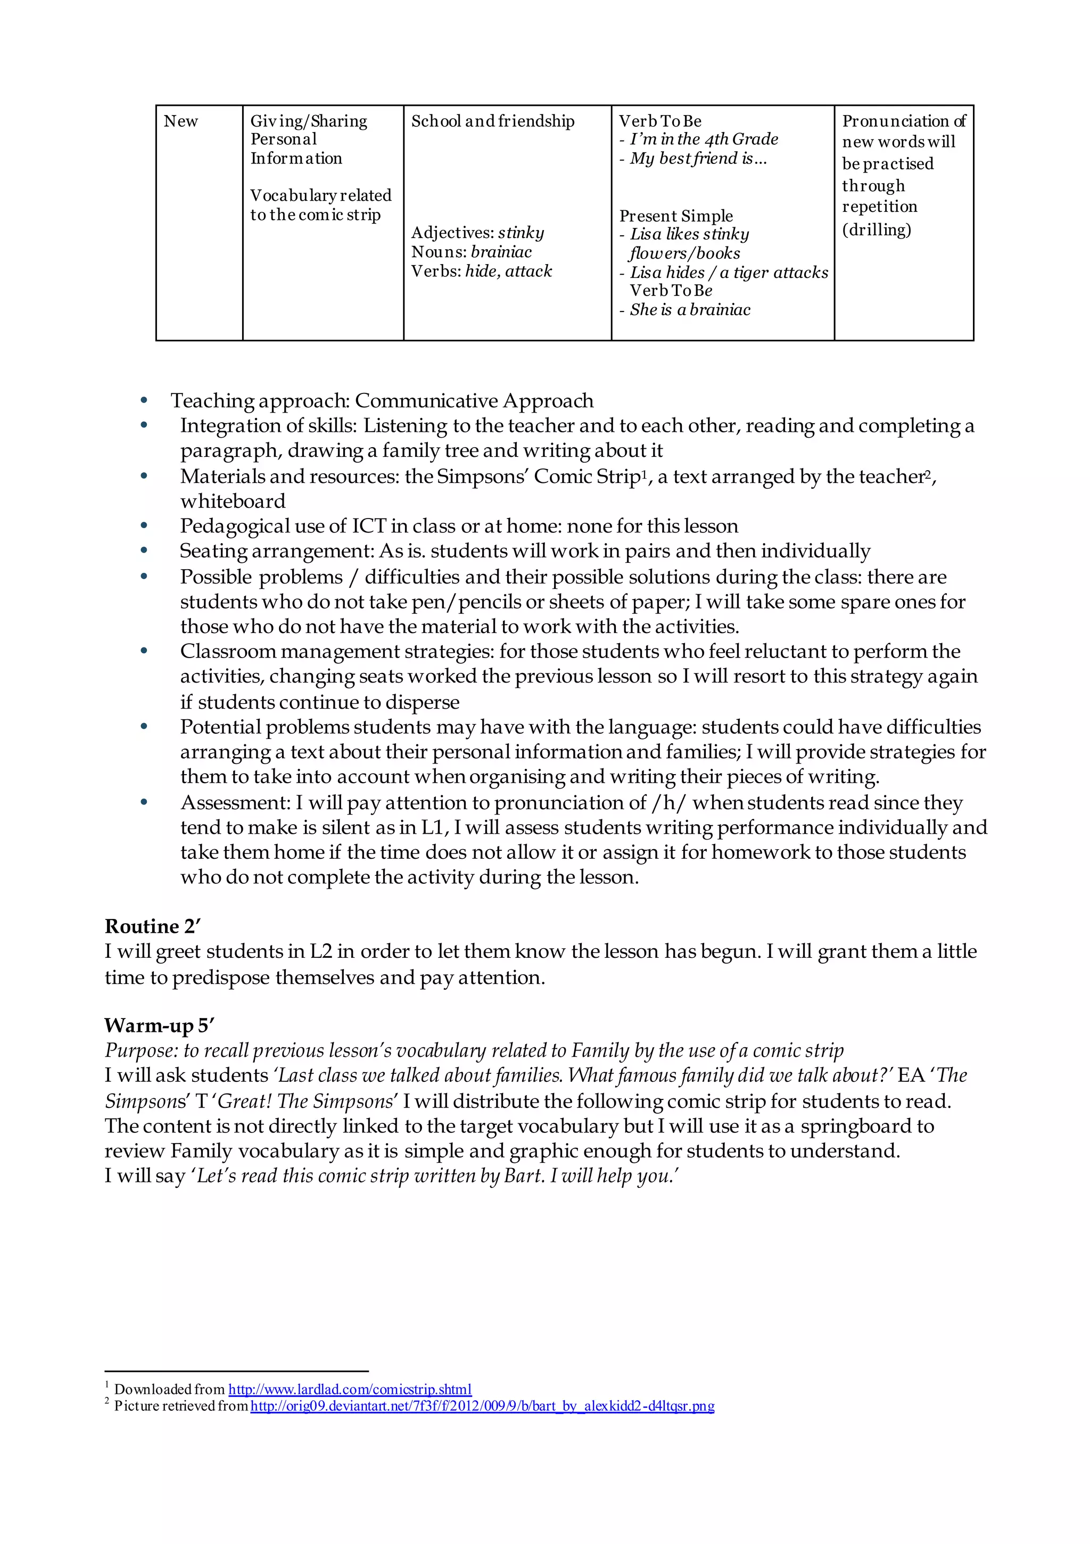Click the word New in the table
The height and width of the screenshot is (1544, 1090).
coord(180,122)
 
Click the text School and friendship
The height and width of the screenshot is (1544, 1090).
coord(492,122)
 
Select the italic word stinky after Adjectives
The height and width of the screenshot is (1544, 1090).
coord(521,233)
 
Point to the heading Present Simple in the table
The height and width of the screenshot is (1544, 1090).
coord(676,216)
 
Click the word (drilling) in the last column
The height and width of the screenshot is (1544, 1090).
coord(876,230)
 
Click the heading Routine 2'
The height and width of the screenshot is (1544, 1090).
coord(153,927)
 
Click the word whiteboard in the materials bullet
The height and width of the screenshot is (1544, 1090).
coord(233,501)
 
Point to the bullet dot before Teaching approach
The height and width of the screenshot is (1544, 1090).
coord(143,401)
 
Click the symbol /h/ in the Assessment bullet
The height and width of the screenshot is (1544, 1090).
coord(668,803)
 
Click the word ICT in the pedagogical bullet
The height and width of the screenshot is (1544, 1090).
coord(368,526)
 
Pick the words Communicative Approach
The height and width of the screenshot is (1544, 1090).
coord(474,401)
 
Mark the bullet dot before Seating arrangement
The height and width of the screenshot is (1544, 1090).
coord(143,551)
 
